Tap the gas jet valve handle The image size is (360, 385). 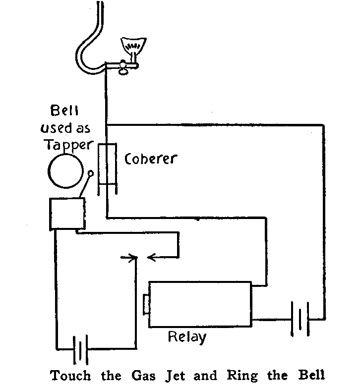[124, 70]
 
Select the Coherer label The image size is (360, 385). [151, 160]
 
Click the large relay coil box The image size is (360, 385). [200, 304]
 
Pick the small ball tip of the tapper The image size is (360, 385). [90, 173]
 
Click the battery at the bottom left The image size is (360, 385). [79, 348]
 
